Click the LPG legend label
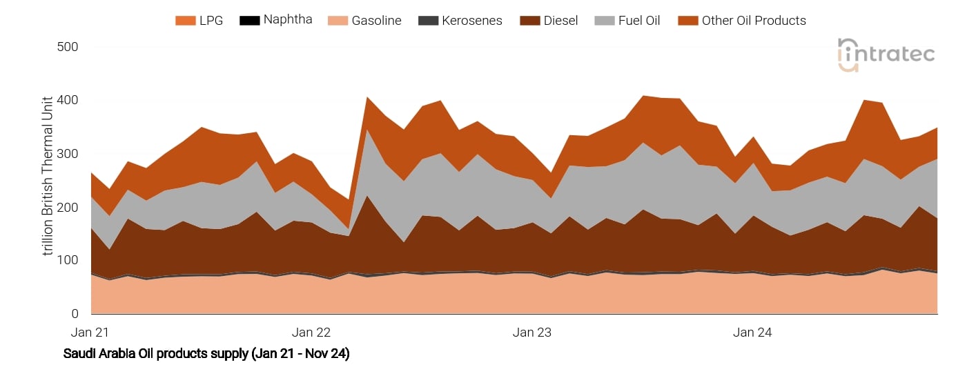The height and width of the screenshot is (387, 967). pyautogui.click(x=211, y=21)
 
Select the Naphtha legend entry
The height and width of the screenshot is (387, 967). pyautogui.click(x=287, y=20)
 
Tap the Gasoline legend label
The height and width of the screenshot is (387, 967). pyautogui.click(x=376, y=21)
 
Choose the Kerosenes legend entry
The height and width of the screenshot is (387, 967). pyautogui.click(x=472, y=21)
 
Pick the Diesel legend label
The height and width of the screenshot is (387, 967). pyautogui.click(x=560, y=21)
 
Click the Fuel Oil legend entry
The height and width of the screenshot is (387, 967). pyautogui.click(x=638, y=21)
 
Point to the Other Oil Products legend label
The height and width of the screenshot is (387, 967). pyautogui.click(x=754, y=21)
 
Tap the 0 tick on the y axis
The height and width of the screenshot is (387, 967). pyautogui.click(x=75, y=315)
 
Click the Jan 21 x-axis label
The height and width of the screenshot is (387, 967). pyautogui.click(x=91, y=333)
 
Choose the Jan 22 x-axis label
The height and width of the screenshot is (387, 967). pyautogui.click(x=312, y=333)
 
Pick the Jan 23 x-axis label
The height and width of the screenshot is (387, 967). pyautogui.click(x=532, y=333)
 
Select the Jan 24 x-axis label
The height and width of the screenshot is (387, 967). pyautogui.click(x=753, y=333)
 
